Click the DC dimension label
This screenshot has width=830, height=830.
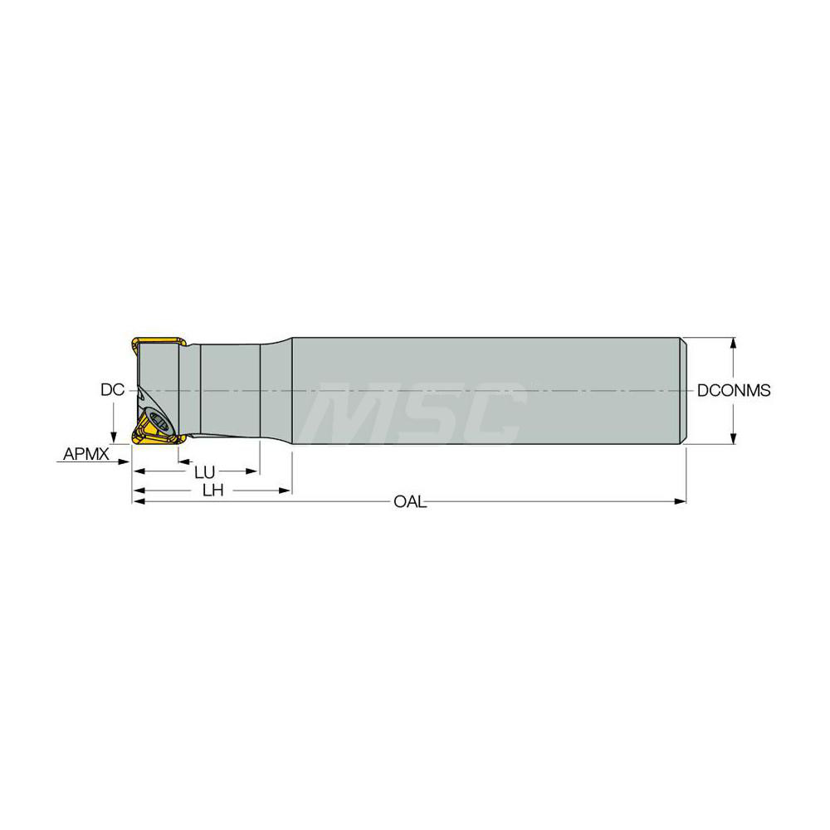click(111, 389)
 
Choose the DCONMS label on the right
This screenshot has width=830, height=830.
click(733, 390)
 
